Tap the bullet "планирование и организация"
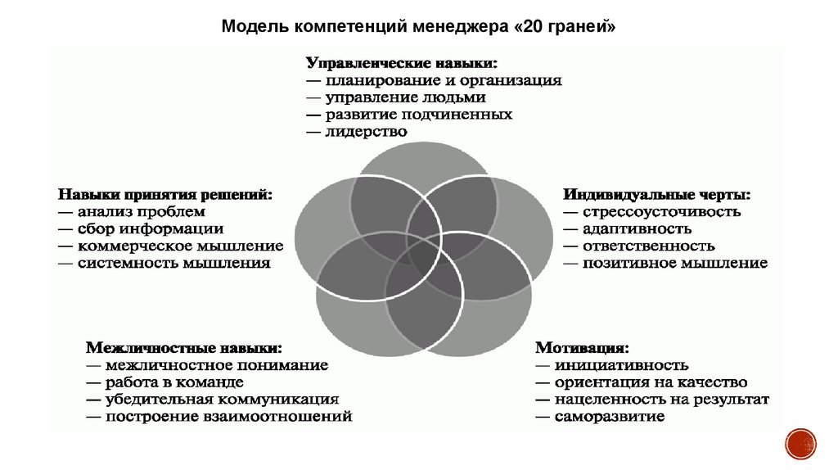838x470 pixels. coord(443,80)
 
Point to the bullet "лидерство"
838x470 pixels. coord(366,131)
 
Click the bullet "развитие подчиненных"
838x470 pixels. coord(418,114)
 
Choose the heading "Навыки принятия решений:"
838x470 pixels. coord(164,195)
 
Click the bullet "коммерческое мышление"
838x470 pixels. coord(180,246)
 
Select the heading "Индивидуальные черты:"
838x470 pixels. coord(656,195)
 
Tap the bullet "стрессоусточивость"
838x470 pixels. coord(661,212)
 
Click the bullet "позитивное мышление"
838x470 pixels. coord(674,264)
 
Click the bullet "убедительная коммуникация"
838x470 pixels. coord(221,400)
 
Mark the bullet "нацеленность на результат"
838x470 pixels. coord(661,400)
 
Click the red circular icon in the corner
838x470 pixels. coord(800,443)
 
